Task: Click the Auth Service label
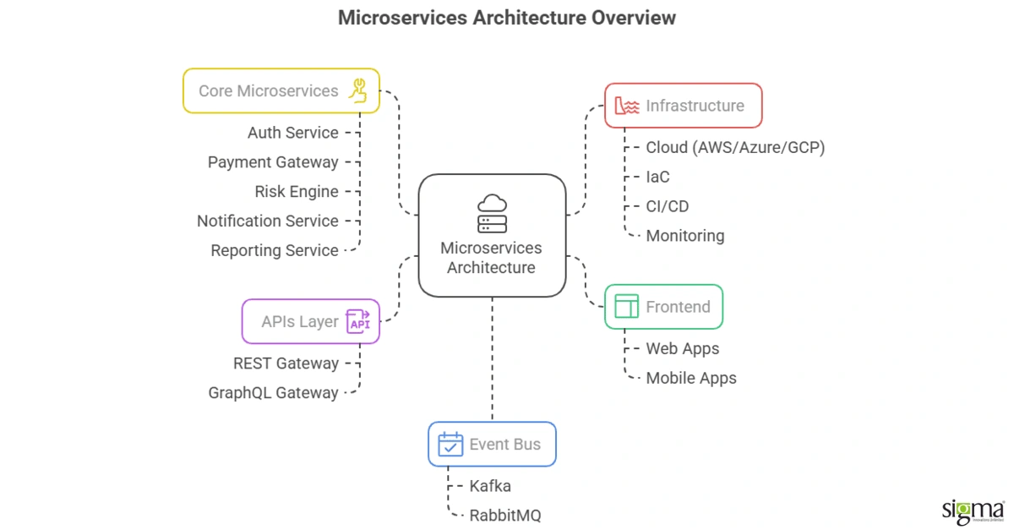pyautogui.click(x=292, y=133)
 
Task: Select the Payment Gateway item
pyautogui.click(x=273, y=162)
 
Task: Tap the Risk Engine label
pyautogui.click(x=297, y=192)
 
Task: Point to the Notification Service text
pyautogui.click(x=267, y=221)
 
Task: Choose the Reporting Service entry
pyautogui.click(x=275, y=250)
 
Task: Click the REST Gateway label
pyautogui.click(x=286, y=363)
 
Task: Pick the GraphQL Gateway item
pyautogui.click(x=273, y=393)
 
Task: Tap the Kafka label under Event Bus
pyautogui.click(x=490, y=486)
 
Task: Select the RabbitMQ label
pyautogui.click(x=505, y=516)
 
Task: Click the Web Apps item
pyautogui.click(x=683, y=348)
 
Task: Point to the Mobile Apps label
pyautogui.click(x=691, y=378)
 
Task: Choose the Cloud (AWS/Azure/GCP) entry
pyautogui.click(x=735, y=147)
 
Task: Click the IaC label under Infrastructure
pyautogui.click(x=657, y=177)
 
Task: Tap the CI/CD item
pyautogui.click(x=668, y=206)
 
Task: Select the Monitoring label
pyautogui.click(x=685, y=236)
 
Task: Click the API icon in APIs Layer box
pyautogui.click(x=359, y=322)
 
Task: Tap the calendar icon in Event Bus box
pyautogui.click(x=450, y=445)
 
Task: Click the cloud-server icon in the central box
pyautogui.click(x=492, y=214)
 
